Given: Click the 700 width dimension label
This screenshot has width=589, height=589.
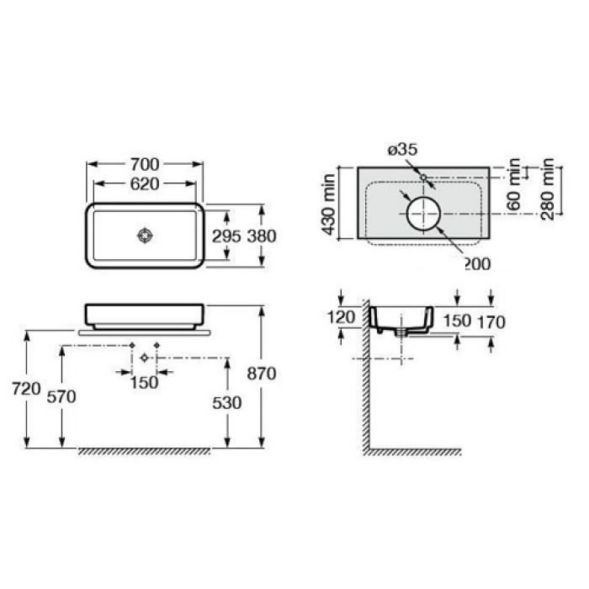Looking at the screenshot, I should coord(145,163).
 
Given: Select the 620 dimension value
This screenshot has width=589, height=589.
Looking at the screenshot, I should coord(145,183).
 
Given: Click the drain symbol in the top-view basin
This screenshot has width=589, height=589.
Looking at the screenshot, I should coord(145,236).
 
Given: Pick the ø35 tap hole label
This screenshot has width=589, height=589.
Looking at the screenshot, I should coord(402,150).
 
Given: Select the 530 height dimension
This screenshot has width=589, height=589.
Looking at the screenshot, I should coord(225,402).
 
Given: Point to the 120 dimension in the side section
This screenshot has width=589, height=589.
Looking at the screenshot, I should coord(341,317).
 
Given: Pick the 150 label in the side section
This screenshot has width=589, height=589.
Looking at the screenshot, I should coord(457,320).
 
